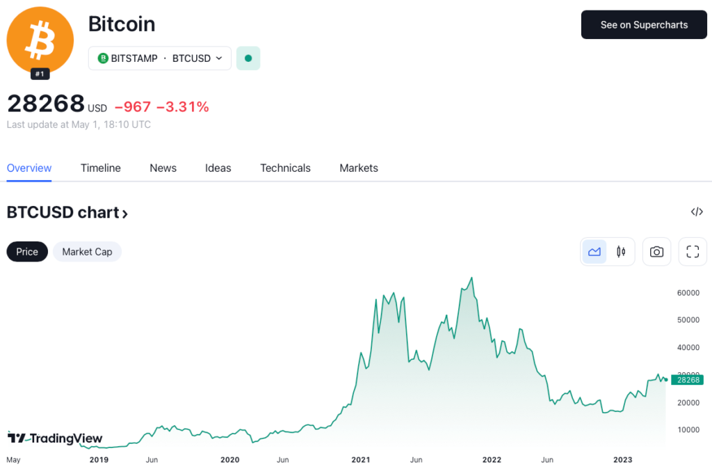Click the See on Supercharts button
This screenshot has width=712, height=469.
(644, 25)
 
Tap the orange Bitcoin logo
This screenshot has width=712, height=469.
(40, 40)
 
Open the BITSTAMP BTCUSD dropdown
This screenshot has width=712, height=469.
(160, 58)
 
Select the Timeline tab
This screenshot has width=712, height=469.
(100, 168)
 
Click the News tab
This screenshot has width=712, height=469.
(163, 168)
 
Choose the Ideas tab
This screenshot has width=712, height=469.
(218, 168)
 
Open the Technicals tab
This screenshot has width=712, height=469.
(285, 168)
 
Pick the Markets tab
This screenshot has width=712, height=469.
(359, 168)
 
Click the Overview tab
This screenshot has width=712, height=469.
(29, 168)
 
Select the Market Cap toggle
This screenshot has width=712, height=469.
(87, 252)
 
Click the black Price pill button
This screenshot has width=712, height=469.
(27, 252)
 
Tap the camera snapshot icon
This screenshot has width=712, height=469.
(656, 252)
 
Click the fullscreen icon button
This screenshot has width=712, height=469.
(693, 252)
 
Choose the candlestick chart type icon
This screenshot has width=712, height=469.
(621, 252)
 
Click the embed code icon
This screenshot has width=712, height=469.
(697, 212)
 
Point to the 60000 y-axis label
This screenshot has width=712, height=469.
(688, 293)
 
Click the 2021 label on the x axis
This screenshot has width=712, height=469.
(360, 459)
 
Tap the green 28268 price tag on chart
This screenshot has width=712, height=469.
(687, 380)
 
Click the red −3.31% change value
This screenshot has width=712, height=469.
(182, 106)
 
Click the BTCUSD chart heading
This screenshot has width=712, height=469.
(67, 213)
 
